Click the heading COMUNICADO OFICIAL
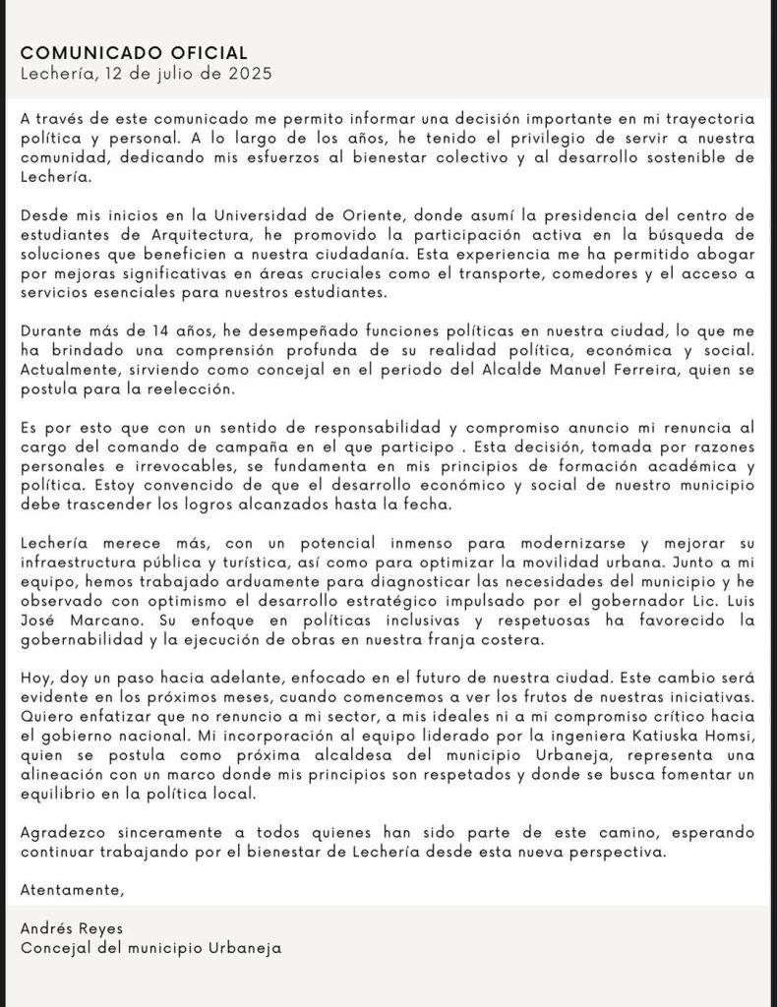134,52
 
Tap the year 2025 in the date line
250,73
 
